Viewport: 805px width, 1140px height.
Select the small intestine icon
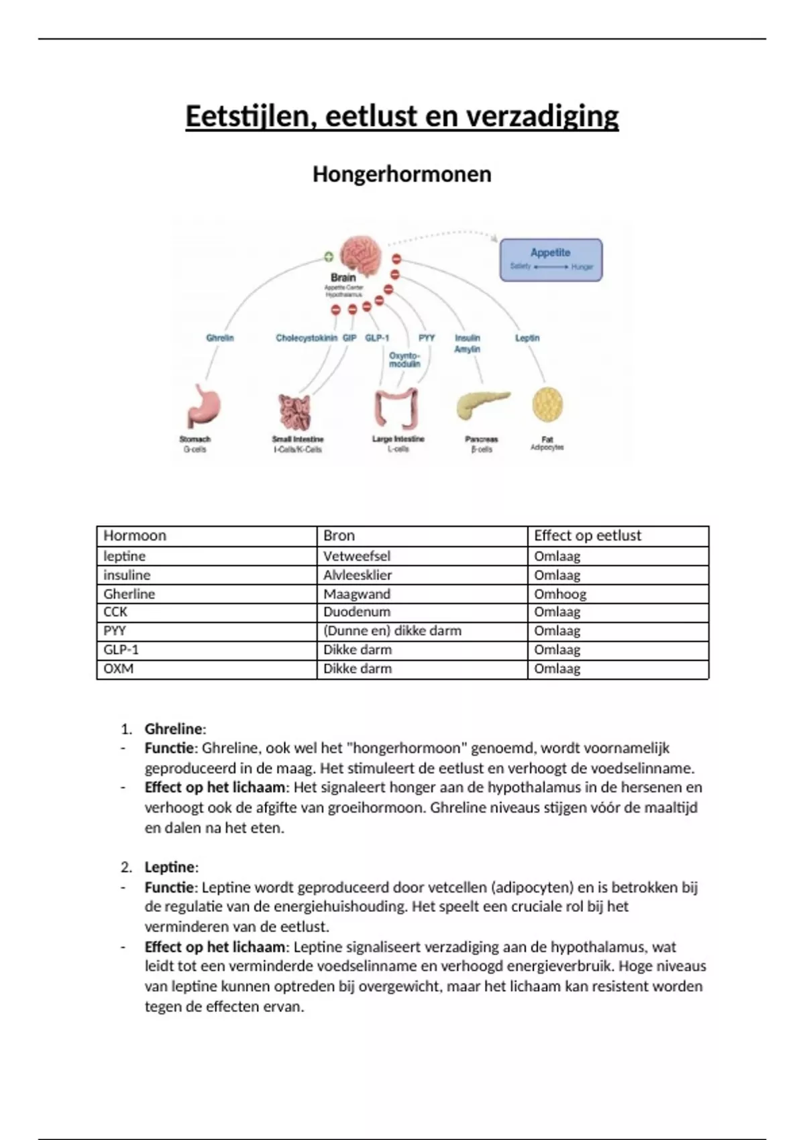[x=295, y=411]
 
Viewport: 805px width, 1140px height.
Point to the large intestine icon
[x=396, y=407]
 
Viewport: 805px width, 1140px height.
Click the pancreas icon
[x=482, y=404]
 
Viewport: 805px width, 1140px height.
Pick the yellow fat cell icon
[x=547, y=404]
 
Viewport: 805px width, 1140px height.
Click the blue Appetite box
[x=551, y=260]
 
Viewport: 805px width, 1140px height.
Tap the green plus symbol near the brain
[x=329, y=256]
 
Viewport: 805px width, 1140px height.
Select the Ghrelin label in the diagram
[x=220, y=338]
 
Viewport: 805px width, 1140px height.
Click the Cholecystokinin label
[x=306, y=338]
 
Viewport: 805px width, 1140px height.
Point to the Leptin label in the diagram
[x=527, y=338]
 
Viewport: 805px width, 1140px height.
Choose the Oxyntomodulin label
[x=405, y=359]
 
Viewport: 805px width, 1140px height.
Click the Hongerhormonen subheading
[x=402, y=174]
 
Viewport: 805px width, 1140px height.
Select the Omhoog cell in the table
[x=560, y=594]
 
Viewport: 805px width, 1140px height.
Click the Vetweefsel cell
[x=357, y=556]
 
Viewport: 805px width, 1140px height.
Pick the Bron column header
[x=339, y=536]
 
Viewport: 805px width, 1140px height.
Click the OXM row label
[x=119, y=669]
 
